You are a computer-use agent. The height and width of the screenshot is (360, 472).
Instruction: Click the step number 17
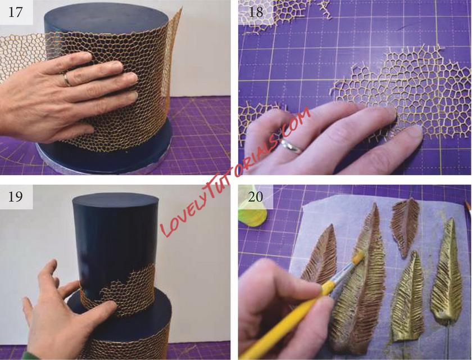tap(15, 12)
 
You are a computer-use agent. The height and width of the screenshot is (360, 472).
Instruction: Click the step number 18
tap(256, 12)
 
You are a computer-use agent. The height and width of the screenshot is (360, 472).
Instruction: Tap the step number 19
tap(15, 196)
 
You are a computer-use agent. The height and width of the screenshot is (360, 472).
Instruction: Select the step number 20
tap(256, 196)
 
